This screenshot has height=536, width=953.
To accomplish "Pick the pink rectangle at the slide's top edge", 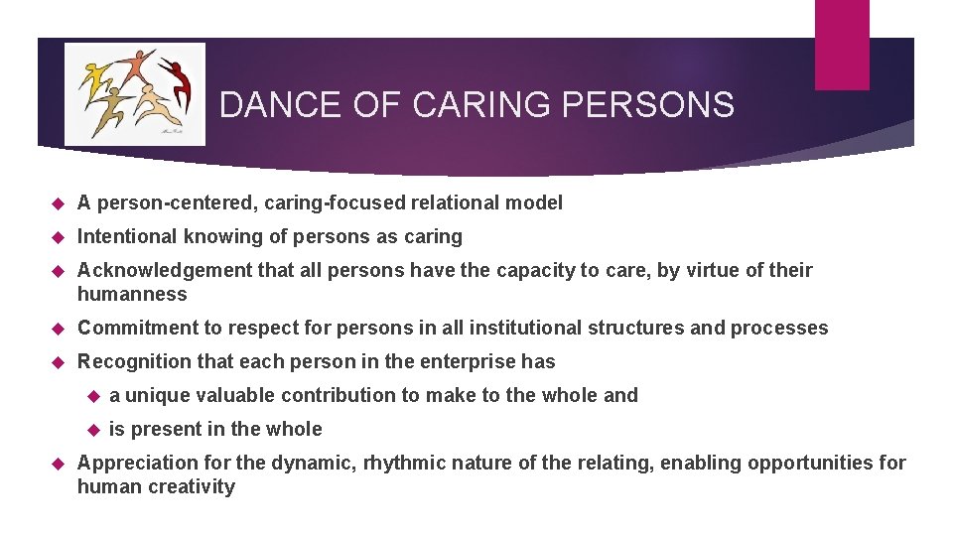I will [x=842, y=44].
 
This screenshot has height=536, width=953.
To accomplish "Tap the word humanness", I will [x=132, y=294].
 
